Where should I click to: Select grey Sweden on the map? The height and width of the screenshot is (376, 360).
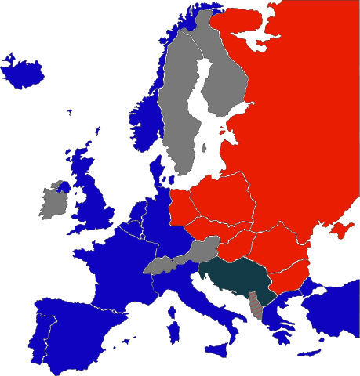pyautogui.click(x=176, y=117)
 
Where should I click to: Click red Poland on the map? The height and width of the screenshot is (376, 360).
pyautogui.click(x=224, y=200)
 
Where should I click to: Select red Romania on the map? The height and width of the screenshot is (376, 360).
pyautogui.click(x=278, y=251)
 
